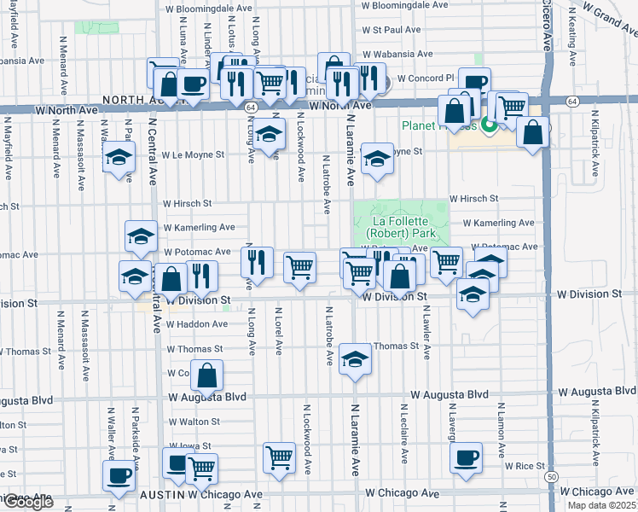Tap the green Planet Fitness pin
click(490, 125)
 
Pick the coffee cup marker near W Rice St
click(467, 457)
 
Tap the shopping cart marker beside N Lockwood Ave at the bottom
click(279, 458)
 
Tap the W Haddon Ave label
click(194, 324)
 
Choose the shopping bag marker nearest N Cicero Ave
click(532, 132)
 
